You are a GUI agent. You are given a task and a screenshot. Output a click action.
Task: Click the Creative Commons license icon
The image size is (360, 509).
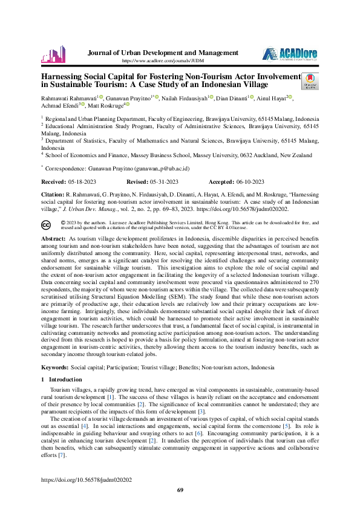[47, 225]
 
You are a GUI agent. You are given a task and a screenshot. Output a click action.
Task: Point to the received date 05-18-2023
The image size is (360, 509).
[80, 181]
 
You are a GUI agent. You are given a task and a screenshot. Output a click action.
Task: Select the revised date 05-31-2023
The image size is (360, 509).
[164, 181]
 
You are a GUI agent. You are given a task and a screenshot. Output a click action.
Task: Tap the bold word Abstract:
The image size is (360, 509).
[53, 239]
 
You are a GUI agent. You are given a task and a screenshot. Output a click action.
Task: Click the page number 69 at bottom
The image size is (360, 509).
[180, 489]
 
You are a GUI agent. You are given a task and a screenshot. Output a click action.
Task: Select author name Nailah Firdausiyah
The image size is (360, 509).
[185, 97]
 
